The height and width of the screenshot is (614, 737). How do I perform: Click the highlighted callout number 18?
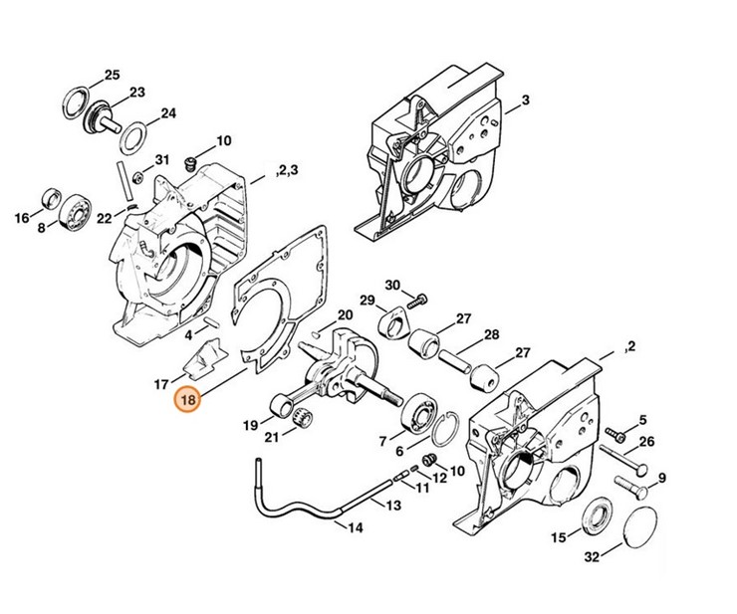tap(187, 401)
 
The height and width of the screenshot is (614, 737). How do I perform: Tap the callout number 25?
tap(111, 76)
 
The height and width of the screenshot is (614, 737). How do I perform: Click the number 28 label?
tap(492, 334)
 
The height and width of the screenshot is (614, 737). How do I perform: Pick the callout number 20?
tap(345, 314)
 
